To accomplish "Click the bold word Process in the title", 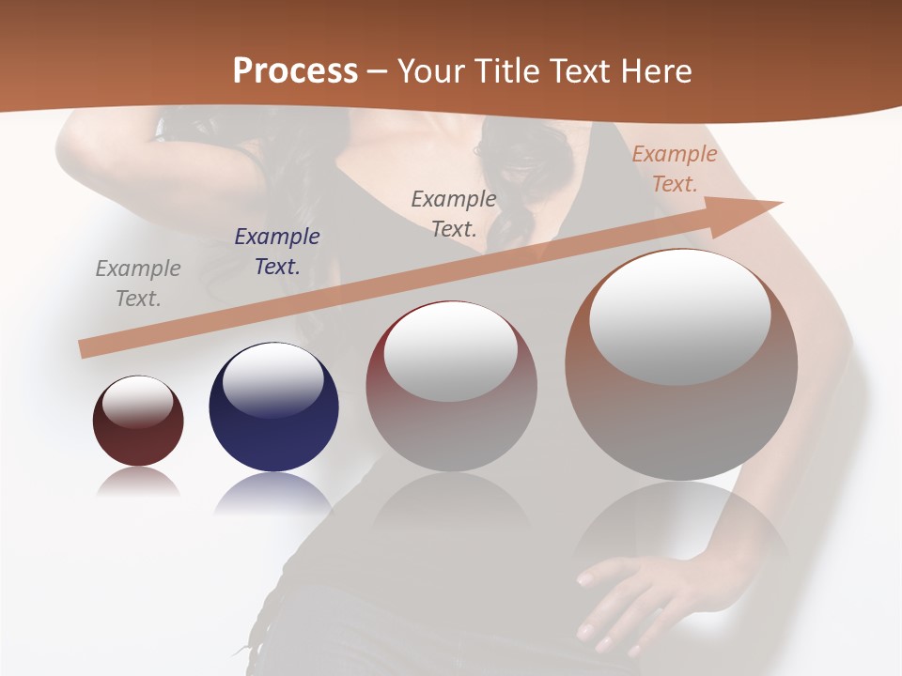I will pos(295,70).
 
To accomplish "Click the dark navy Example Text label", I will pos(277,252).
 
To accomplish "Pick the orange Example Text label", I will pos(675,169).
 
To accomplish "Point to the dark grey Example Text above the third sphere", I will pos(454,213).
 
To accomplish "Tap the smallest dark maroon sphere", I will pos(138,441).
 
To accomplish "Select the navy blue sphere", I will pos(273,441).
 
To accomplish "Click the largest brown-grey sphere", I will pos(681,422).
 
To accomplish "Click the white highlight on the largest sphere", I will pos(680,315).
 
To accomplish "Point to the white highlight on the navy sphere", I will pos(272,380).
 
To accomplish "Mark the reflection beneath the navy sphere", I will pos(272,493).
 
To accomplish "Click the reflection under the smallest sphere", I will pos(138,483).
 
